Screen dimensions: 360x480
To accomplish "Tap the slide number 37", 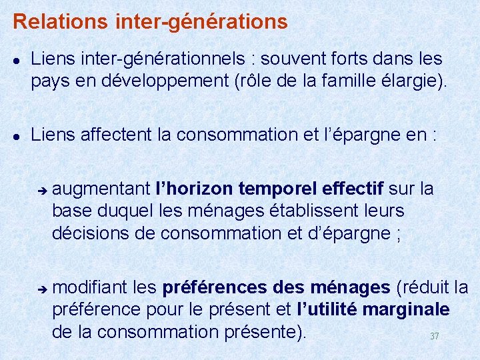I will pos(434,336).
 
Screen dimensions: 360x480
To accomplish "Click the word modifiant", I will pos(90,287).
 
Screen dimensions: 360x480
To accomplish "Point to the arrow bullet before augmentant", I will pos(41,190).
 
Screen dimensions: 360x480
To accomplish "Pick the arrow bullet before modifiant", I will pos(41,289).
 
